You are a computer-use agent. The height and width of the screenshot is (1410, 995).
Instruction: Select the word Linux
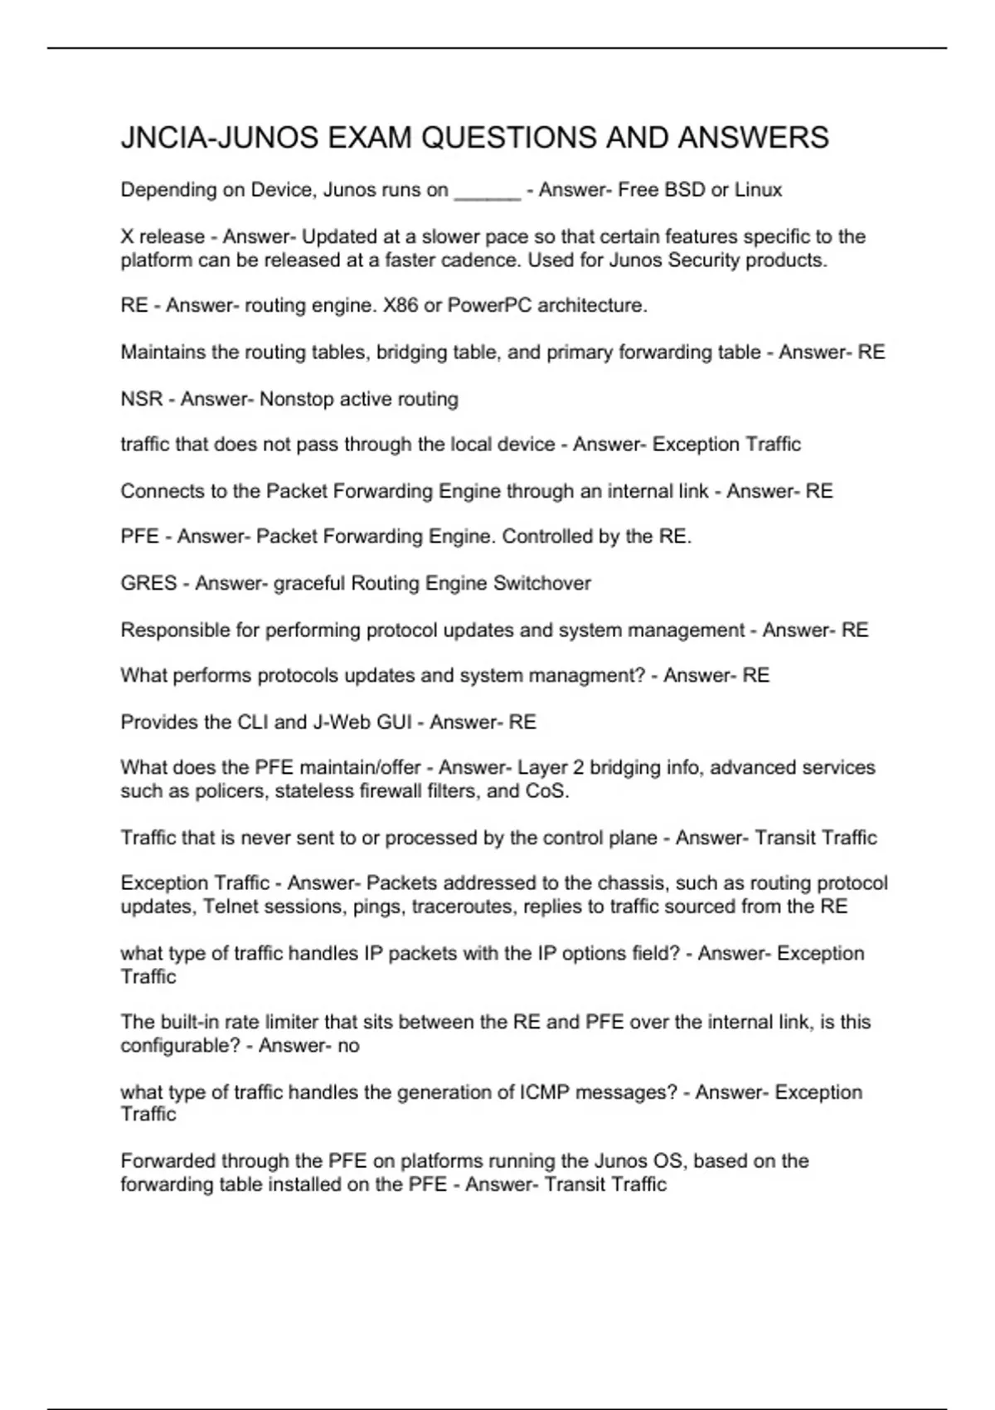[x=758, y=190]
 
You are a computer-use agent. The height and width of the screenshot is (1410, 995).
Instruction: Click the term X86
[x=400, y=306]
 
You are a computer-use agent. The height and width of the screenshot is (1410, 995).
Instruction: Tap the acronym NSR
[x=142, y=399]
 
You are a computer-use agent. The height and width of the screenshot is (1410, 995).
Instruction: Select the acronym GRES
[x=148, y=583]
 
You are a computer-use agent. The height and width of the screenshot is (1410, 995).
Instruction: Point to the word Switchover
[x=542, y=583]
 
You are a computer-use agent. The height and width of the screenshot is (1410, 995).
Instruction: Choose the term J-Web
[x=342, y=722]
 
